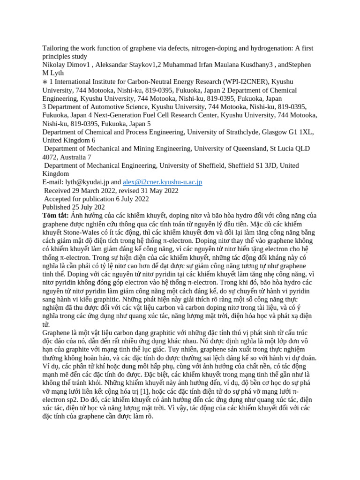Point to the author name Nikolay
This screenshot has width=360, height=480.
pyautogui.click(x=55, y=65)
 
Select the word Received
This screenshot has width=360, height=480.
pyautogui.click(x=59, y=191)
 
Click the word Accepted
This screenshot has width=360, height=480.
pyautogui.click(x=59, y=199)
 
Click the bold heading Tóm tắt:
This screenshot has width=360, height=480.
pyautogui.click(x=56, y=216)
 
